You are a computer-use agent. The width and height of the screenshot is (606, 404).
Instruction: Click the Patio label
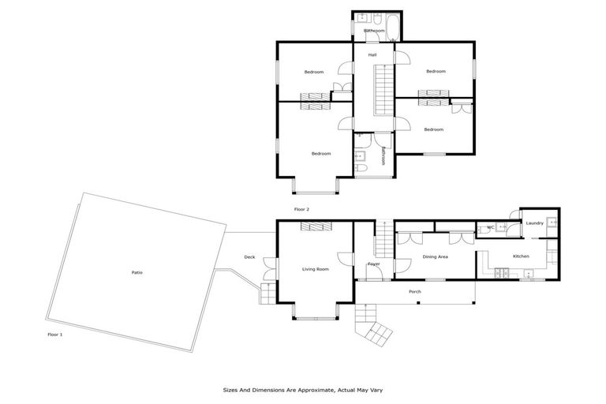point(137,272)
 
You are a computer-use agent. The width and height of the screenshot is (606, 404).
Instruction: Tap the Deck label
point(249,256)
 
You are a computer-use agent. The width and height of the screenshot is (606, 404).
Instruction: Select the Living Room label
point(315,269)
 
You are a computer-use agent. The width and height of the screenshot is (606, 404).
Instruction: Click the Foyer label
point(373,264)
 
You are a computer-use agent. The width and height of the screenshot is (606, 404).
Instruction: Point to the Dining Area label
point(435,256)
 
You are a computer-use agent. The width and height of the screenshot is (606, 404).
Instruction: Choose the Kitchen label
point(521,256)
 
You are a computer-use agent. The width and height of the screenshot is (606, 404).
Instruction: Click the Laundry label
point(534,223)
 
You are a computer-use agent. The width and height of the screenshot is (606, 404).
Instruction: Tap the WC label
point(490,227)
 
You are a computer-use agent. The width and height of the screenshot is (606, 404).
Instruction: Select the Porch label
point(414,292)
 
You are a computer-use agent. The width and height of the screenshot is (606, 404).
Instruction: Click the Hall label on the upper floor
point(372,54)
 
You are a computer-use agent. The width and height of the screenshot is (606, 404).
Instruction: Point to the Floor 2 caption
point(301,209)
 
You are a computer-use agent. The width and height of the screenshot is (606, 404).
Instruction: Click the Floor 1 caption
point(55,335)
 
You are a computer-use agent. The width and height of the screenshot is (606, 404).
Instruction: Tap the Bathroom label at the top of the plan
point(374,31)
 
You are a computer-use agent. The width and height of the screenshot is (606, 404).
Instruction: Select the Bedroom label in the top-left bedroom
point(314,72)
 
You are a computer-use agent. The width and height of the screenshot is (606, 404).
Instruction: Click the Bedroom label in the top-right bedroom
point(436,71)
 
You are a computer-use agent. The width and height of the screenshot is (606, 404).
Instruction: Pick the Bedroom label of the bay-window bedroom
point(320,153)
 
